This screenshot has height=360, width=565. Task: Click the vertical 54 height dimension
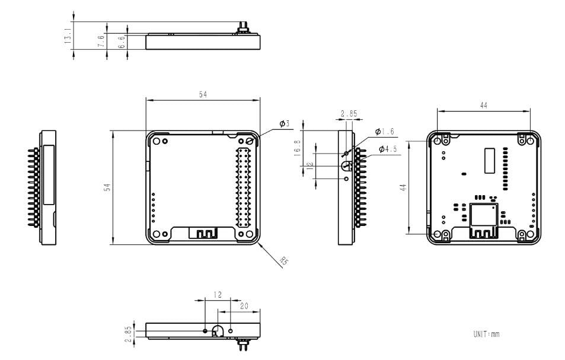107,187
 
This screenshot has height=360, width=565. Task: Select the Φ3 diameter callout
285,124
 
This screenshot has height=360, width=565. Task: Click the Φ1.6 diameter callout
385,132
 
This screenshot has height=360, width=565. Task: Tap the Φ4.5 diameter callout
387,149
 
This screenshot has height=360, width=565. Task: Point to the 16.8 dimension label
298,146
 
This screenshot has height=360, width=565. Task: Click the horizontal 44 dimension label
483,105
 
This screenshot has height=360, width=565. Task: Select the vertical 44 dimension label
403,187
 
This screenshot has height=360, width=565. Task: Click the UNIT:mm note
486,334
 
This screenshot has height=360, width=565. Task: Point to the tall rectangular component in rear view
489,161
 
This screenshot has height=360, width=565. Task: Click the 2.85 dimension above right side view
349,113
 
